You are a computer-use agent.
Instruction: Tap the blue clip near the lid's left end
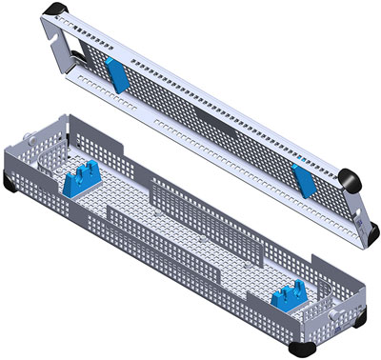[115, 72]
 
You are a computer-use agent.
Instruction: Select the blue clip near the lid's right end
[304, 176]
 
